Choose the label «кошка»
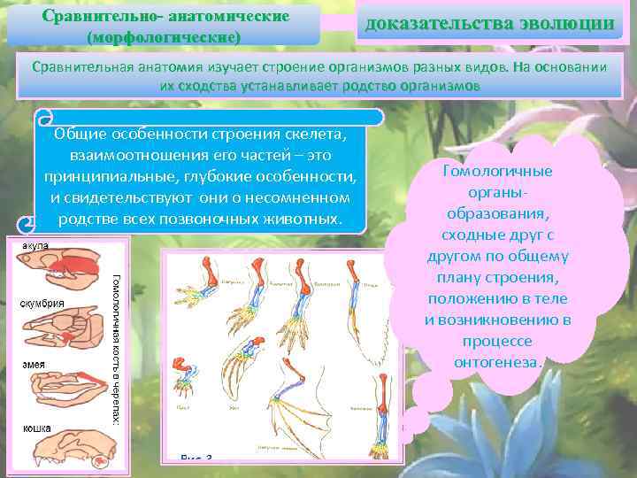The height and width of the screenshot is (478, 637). [36, 428]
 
